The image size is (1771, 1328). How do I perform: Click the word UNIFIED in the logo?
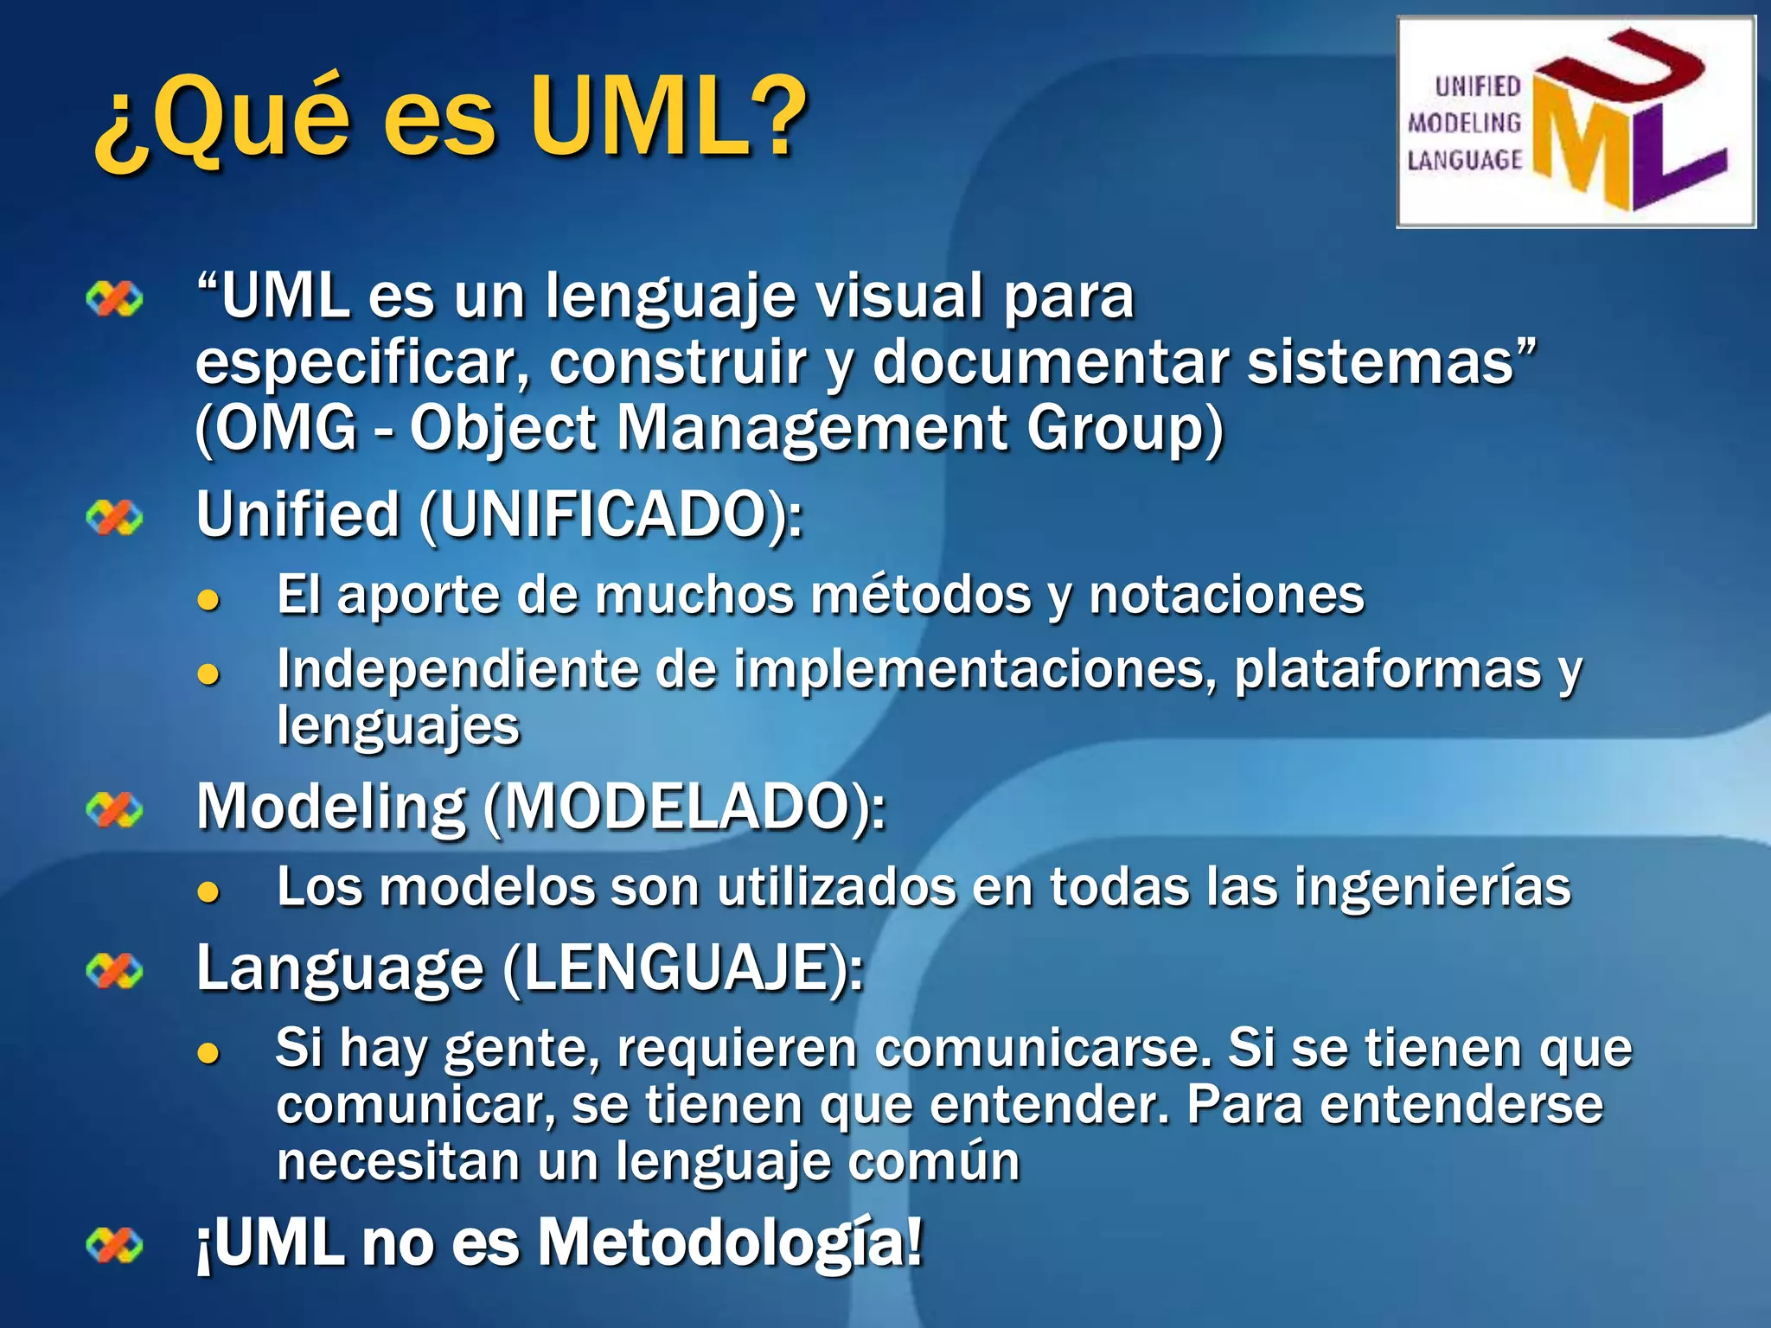click(x=1477, y=86)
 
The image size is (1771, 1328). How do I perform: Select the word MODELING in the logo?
click(x=1464, y=123)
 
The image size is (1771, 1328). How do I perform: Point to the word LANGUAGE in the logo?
click(x=1464, y=160)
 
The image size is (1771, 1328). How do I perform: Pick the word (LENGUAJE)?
click(x=683, y=969)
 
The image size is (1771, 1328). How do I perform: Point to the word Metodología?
click(x=731, y=1243)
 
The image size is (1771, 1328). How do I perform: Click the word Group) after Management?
click(x=1125, y=429)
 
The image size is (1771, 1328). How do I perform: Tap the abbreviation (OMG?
click(x=276, y=429)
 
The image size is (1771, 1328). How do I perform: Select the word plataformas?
click(x=1387, y=671)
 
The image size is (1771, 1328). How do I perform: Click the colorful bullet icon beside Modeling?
click(x=114, y=810)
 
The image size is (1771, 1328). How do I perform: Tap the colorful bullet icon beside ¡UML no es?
click(x=114, y=1246)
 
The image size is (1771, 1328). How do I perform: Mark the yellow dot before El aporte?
click(x=208, y=600)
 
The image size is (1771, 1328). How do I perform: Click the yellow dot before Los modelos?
click(x=208, y=891)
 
